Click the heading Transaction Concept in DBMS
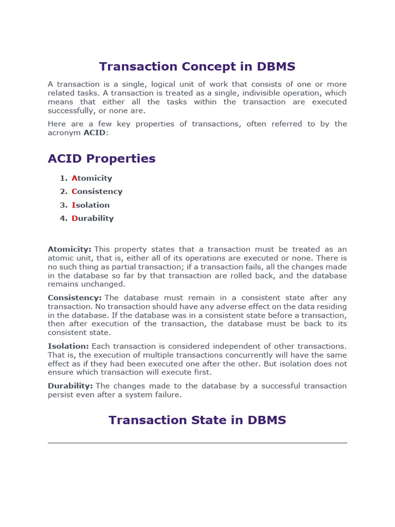coord(197,67)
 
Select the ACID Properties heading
coord(101,159)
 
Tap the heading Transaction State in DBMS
coord(197,420)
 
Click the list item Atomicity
coord(92,178)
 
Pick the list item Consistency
coord(97,191)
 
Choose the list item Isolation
coord(91,205)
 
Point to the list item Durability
coord(93,218)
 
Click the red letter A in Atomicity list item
coord(74,178)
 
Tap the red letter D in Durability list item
coord(74,218)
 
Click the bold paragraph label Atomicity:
coord(69,249)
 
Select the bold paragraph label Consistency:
coord(75,298)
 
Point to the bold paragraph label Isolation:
coord(68,346)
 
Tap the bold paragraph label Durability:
coord(70,386)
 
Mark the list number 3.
coord(63,205)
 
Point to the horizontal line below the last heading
coord(197,443)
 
